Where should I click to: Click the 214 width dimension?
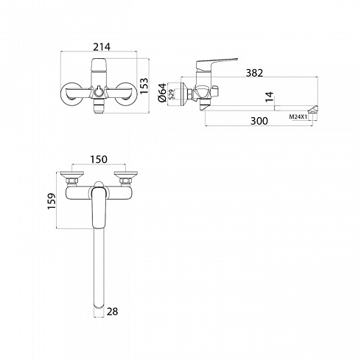(x=102, y=46)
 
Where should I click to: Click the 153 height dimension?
(x=144, y=85)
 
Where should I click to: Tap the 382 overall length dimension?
(x=254, y=73)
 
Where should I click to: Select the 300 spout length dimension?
(x=259, y=121)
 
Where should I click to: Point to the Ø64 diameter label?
(x=162, y=93)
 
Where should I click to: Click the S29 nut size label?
(x=172, y=94)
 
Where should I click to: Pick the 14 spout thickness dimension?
(x=270, y=97)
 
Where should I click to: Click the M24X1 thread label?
(x=298, y=117)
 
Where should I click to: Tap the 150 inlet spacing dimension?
(x=99, y=159)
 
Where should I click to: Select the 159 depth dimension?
(x=52, y=201)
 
